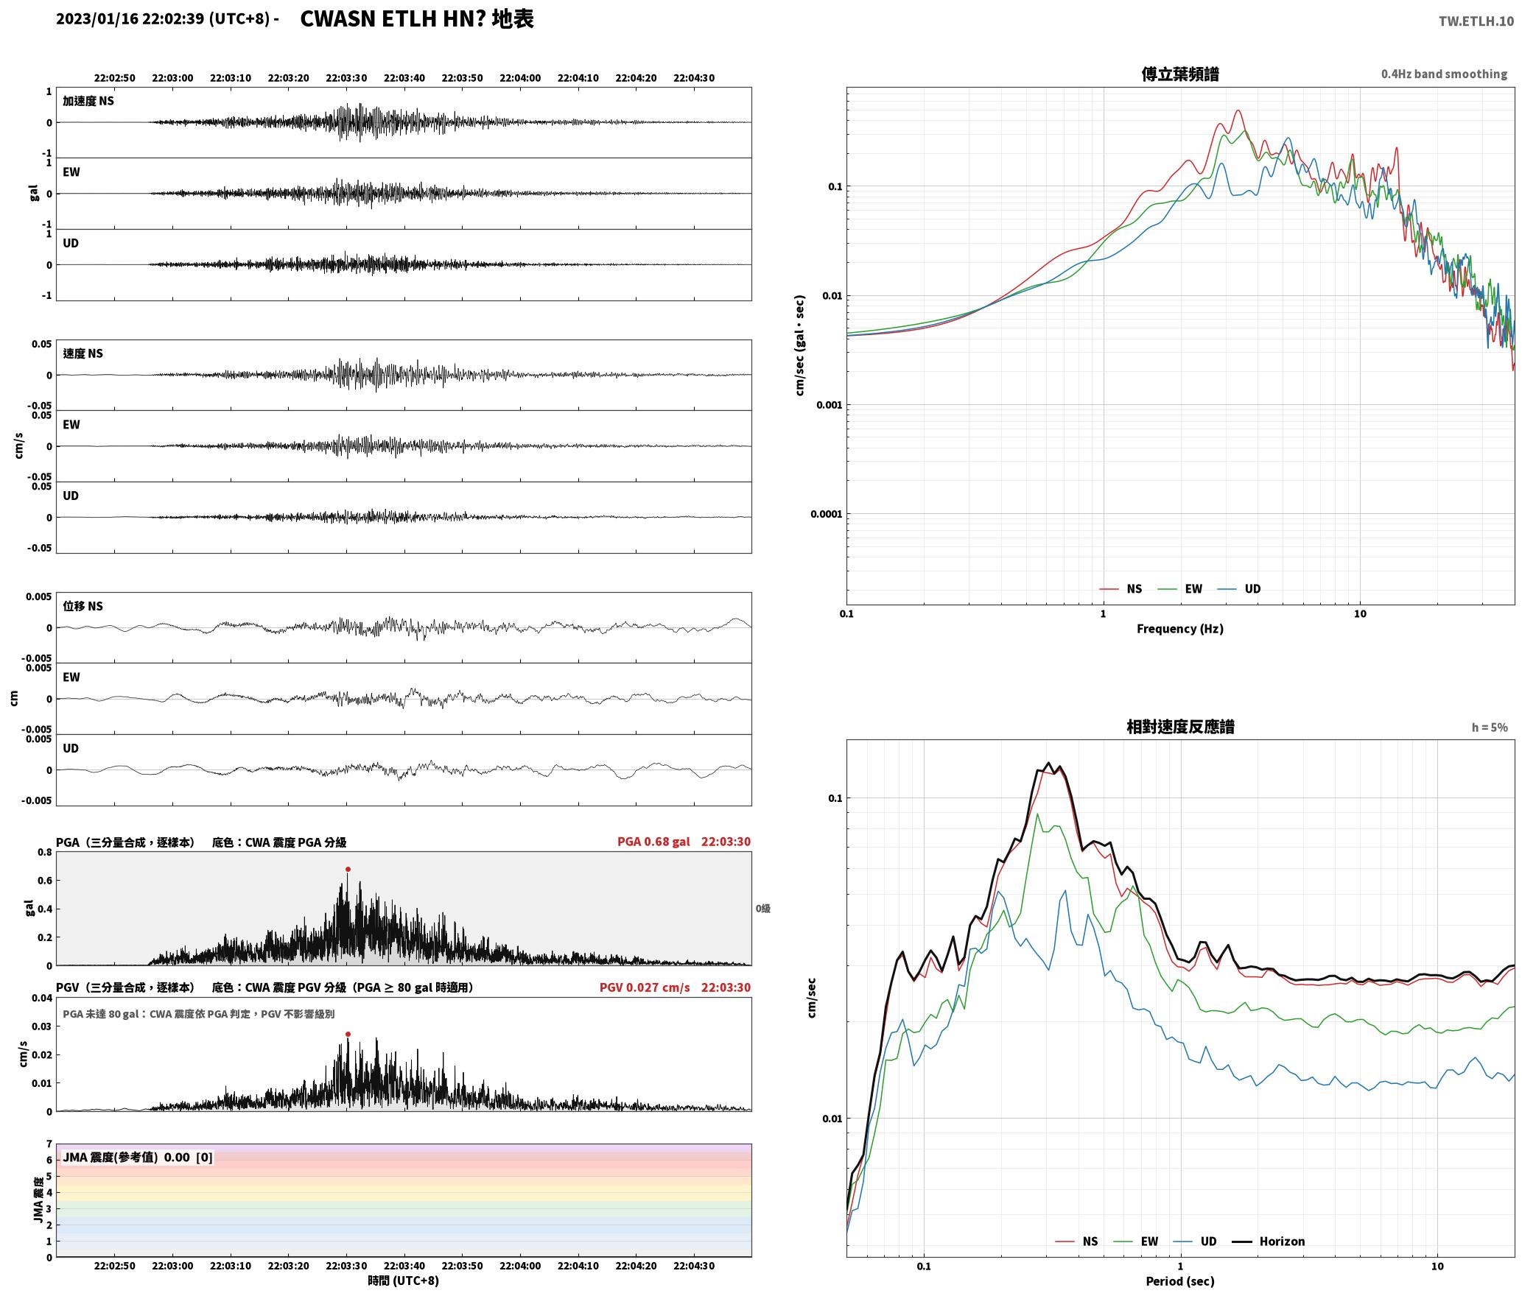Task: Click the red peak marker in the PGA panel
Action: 348,869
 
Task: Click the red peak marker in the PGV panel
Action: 348,1034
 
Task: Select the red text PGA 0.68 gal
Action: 653,842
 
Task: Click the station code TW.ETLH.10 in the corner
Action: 1476,21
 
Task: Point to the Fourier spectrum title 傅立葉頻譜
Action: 1179,74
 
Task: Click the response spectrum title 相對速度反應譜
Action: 1180,727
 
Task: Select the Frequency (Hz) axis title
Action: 1179,628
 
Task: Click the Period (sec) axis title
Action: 1179,1281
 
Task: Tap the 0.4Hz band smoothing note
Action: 1444,74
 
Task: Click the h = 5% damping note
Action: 1490,728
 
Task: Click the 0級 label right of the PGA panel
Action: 762,909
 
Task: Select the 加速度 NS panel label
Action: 88,101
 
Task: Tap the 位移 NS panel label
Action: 83,606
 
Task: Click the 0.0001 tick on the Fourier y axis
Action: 826,514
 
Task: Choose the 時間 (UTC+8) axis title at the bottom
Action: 404,1281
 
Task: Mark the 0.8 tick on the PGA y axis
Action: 44,853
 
